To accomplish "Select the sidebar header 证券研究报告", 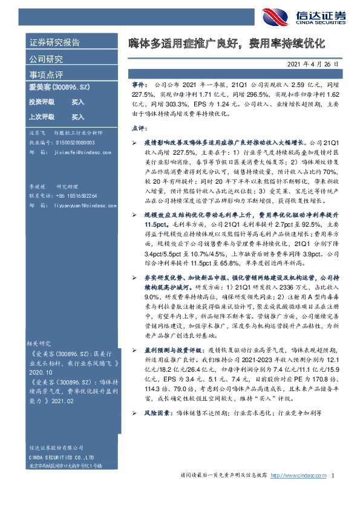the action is point(54,44).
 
